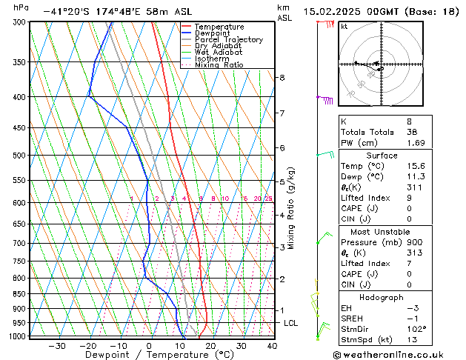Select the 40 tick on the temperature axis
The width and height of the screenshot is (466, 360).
pyautogui.click(x=272, y=345)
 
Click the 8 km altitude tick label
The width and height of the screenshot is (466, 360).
pyautogui.click(x=282, y=78)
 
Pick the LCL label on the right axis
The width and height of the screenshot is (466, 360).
pyautogui.click(x=291, y=324)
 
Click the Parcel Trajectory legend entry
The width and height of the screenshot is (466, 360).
pyautogui.click(x=228, y=40)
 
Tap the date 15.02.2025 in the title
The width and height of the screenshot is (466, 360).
pyautogui.click(x=331, y=12)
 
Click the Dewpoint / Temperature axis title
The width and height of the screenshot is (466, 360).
pyautogui.click(x=149, y=355)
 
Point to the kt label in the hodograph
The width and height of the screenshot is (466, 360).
pyautogui.click(x=344, y=26)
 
